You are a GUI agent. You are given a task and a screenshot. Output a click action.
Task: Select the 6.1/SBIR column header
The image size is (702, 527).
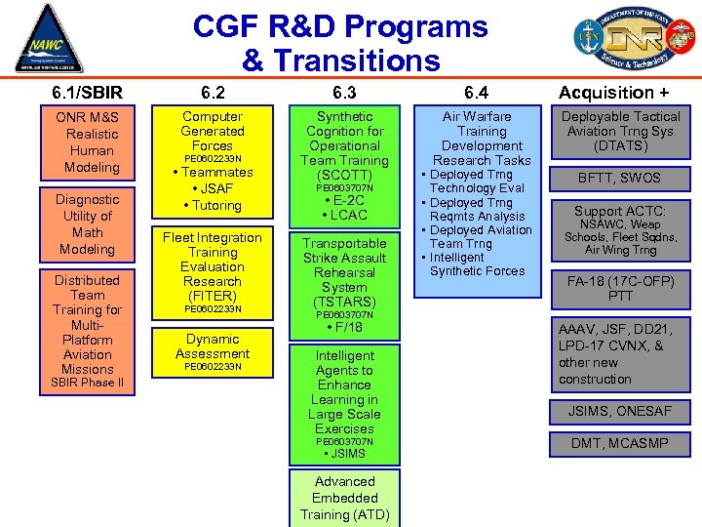(x=88, y=93)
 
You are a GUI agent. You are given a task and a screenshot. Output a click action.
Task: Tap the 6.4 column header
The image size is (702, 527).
(x=477, y=93)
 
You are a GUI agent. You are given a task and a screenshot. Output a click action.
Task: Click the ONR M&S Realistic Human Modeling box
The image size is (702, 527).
(x=88, y=142)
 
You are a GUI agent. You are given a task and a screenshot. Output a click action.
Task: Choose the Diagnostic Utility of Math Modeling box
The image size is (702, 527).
(x=88, y=224)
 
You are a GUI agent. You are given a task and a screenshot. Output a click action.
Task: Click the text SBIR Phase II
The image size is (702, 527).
(x=88, y=383)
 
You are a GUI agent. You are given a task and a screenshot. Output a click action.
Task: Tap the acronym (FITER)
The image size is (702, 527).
(x=213, y=296)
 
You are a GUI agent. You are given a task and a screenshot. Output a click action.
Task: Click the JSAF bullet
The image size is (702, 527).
(x=213, y=188)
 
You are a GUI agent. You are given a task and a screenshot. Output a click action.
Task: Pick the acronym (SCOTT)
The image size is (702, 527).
(x=344, y=175)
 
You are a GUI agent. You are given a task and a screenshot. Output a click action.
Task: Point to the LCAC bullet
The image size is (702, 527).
(x=344, y=215)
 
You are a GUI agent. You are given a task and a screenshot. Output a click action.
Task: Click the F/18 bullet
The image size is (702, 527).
(x=344, y=327)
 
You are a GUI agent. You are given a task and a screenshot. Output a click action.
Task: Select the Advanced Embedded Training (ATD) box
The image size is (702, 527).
(x=344, y=498)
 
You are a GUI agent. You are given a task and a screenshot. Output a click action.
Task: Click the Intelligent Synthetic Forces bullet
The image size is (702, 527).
(x=477, y=264)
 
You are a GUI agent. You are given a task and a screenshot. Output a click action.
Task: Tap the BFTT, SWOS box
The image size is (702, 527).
(x=620, y=178)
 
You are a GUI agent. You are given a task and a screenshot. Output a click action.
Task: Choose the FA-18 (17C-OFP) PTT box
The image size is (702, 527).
(x=620, y=288)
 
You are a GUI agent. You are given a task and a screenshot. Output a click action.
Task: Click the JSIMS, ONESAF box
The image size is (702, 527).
(x=620, y=412)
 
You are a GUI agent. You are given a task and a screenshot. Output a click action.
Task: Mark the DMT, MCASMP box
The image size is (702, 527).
(x=620, y=443)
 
